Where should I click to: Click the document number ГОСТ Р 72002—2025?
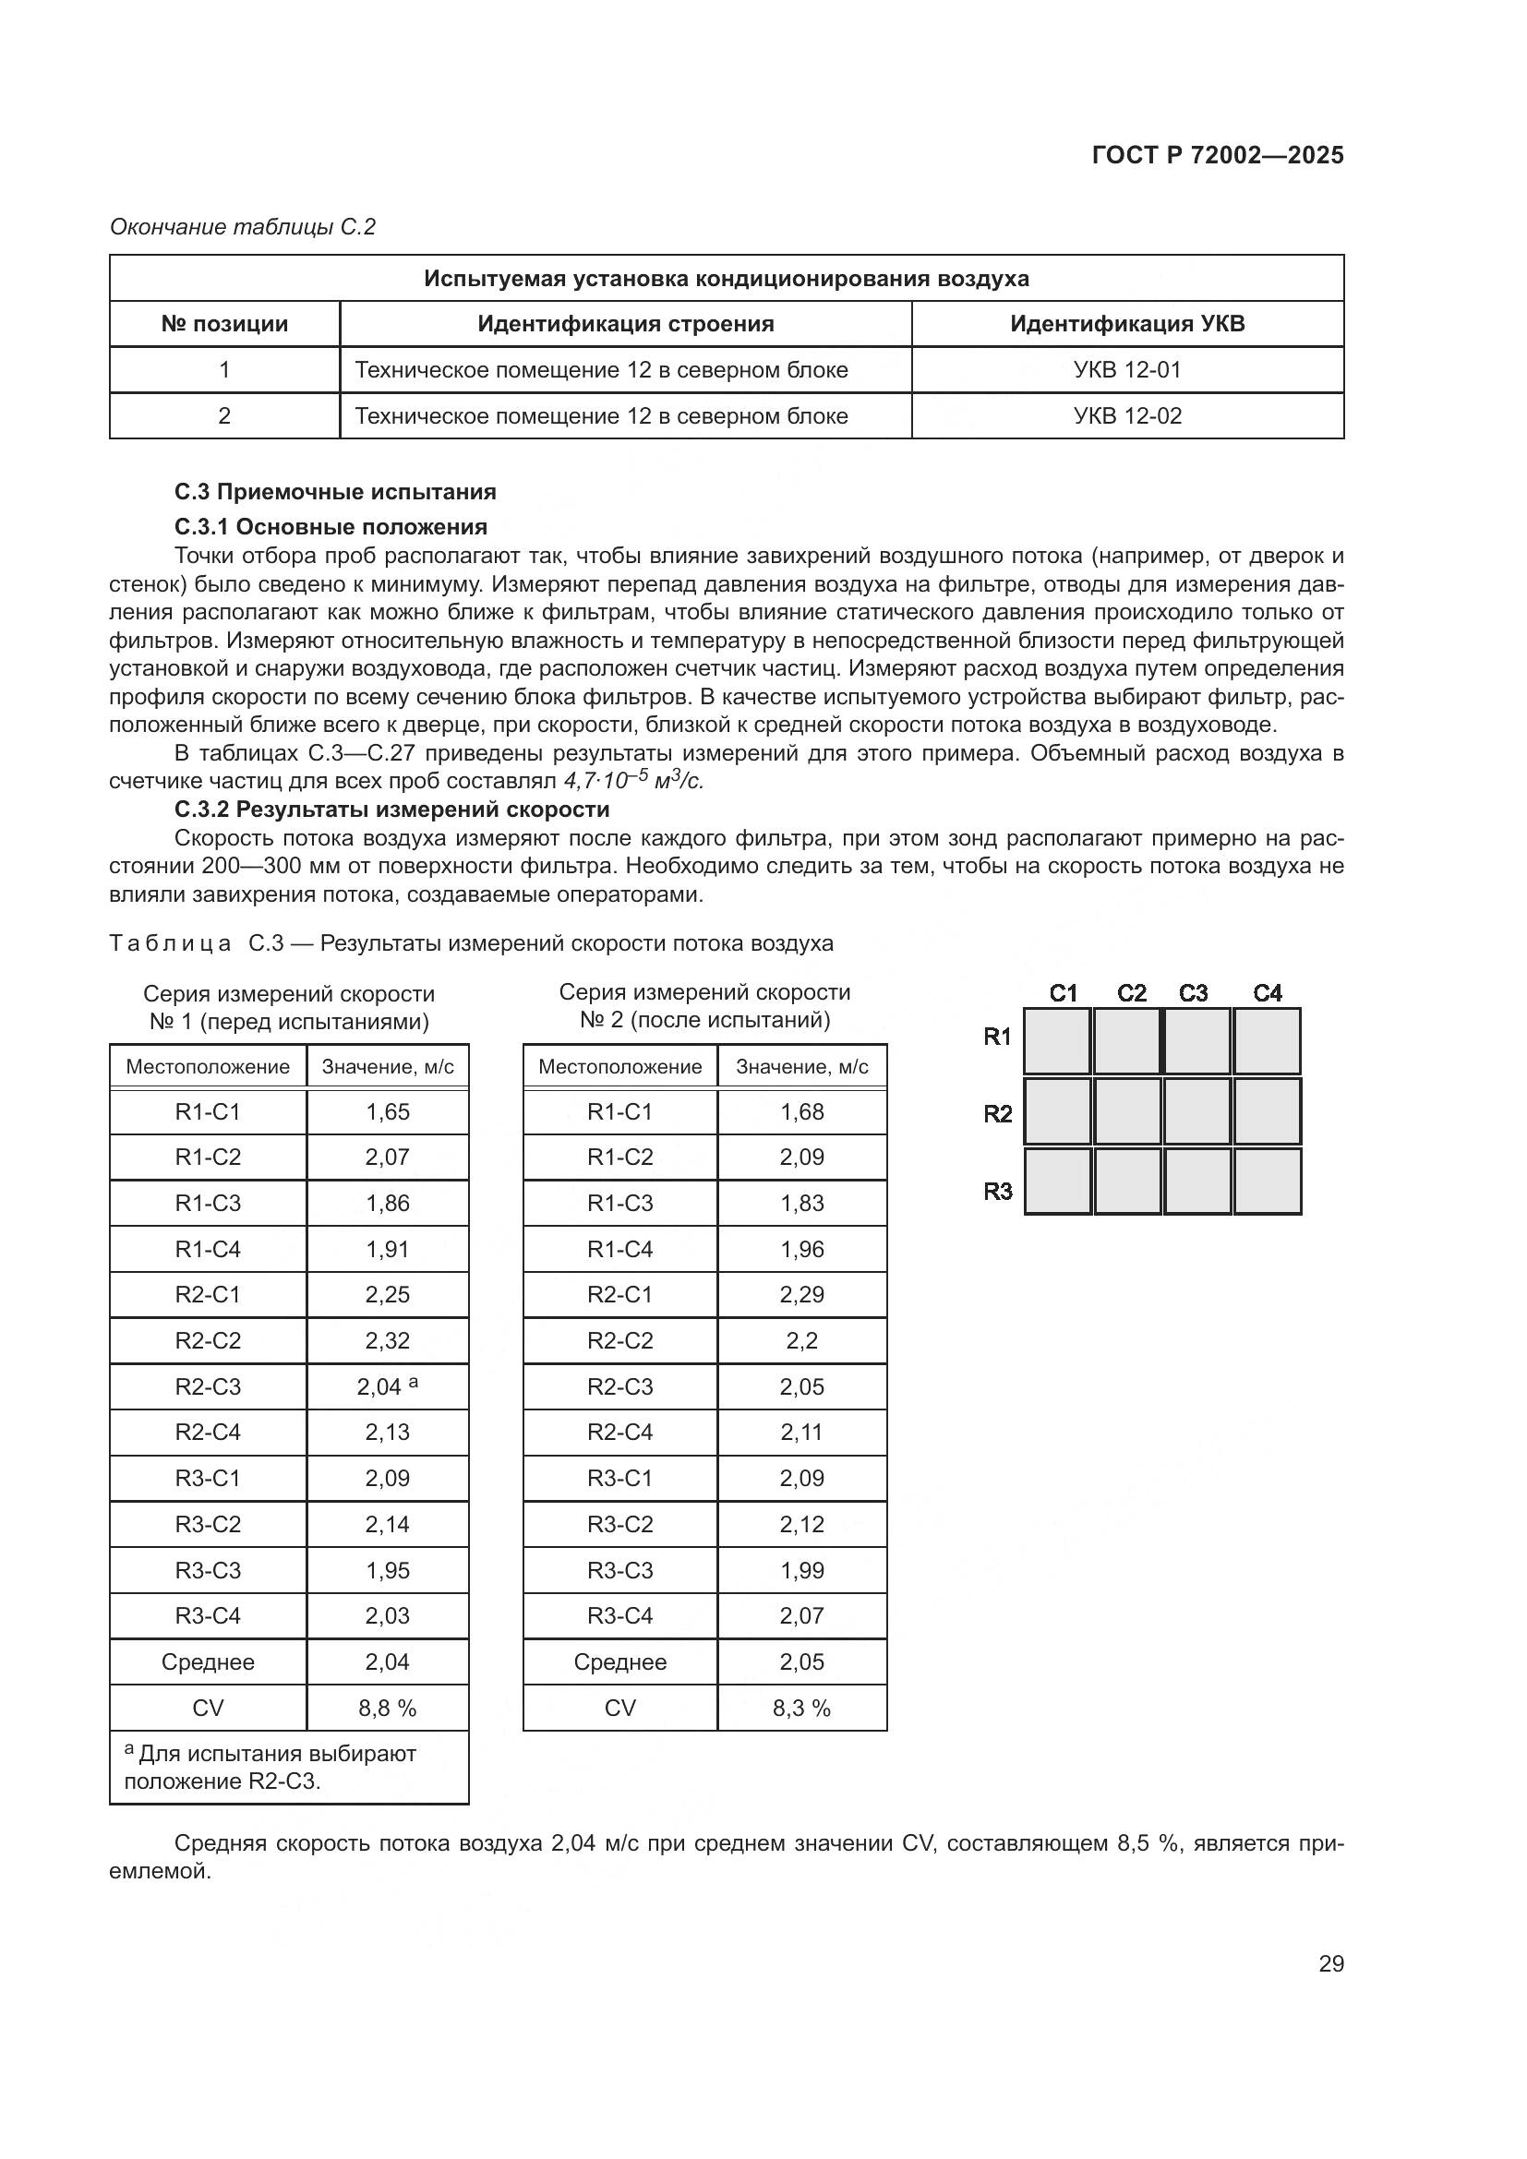(1217, 155)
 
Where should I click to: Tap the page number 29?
(1330, 1963)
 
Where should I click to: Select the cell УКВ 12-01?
(1126, 369)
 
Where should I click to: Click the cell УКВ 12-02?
(1126, 415)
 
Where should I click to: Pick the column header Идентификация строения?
(625, 323)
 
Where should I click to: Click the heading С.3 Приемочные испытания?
(335, 492)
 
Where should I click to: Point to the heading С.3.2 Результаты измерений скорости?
(391, 809)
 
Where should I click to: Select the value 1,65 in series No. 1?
(388, 1111)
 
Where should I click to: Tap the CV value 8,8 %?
(387, 1709)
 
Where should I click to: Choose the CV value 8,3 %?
(801, 1709)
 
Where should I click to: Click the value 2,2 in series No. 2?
(801, 1341)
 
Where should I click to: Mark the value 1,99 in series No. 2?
(801, 1570)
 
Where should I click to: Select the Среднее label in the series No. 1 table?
(208, 1662)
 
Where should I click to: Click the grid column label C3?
(1192, 993)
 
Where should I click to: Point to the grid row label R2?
(997, 1114)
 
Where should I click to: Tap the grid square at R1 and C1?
(1057, 1041)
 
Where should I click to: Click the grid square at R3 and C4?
(1267, 1181)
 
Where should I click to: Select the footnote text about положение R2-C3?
(270, 1767)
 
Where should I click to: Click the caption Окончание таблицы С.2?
(243, 227)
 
